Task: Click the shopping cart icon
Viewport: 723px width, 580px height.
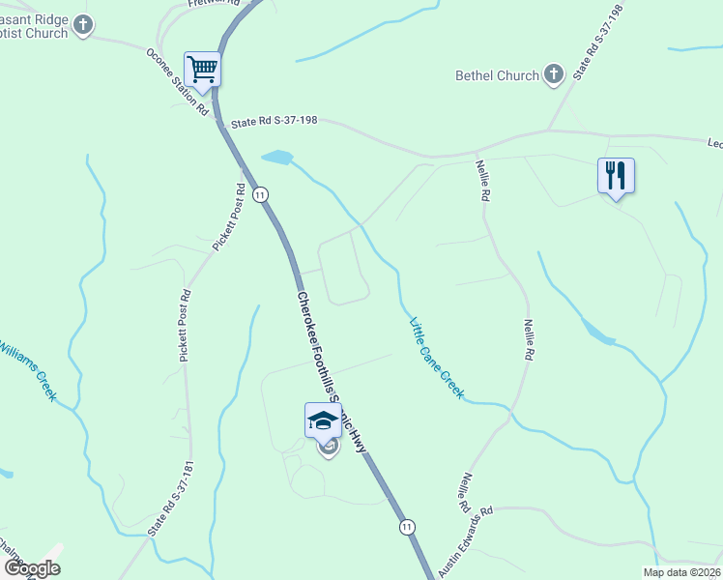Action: tap(202, 70)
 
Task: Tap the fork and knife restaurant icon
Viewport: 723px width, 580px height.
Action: tap(616, 176)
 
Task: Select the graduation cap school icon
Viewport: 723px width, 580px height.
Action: tap(323, 420)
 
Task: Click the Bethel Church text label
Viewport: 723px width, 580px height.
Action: tap(497, 75)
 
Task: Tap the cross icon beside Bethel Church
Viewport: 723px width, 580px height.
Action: tap(554, 74)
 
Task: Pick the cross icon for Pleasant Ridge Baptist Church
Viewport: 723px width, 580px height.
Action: tap(84, 25)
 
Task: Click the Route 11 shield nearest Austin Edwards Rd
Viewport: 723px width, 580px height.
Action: tap(408, 527)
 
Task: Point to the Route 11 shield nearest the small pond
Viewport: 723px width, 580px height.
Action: tap(260, 195)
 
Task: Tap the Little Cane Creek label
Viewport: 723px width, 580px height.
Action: tap(437, 358)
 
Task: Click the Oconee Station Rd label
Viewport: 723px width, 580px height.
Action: tap(177, 82)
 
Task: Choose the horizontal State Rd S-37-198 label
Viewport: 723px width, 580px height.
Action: tap(275, 123)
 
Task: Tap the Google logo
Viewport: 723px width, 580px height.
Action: tap(32, 568)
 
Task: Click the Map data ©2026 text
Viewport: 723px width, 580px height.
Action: tap(681, 572)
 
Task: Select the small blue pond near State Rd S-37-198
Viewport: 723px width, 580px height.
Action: tap(276, 157)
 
